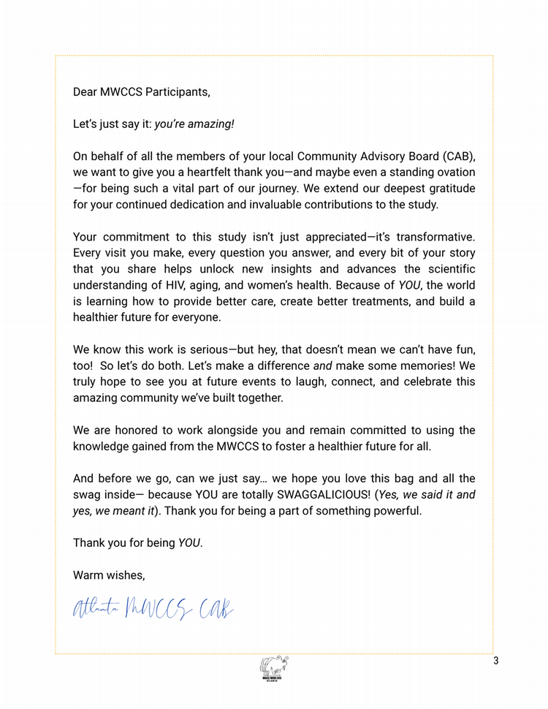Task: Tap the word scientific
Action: [446, 269]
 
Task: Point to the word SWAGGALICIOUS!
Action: [329, 495]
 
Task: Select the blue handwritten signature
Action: [153, 607]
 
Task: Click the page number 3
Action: [496, 662]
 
